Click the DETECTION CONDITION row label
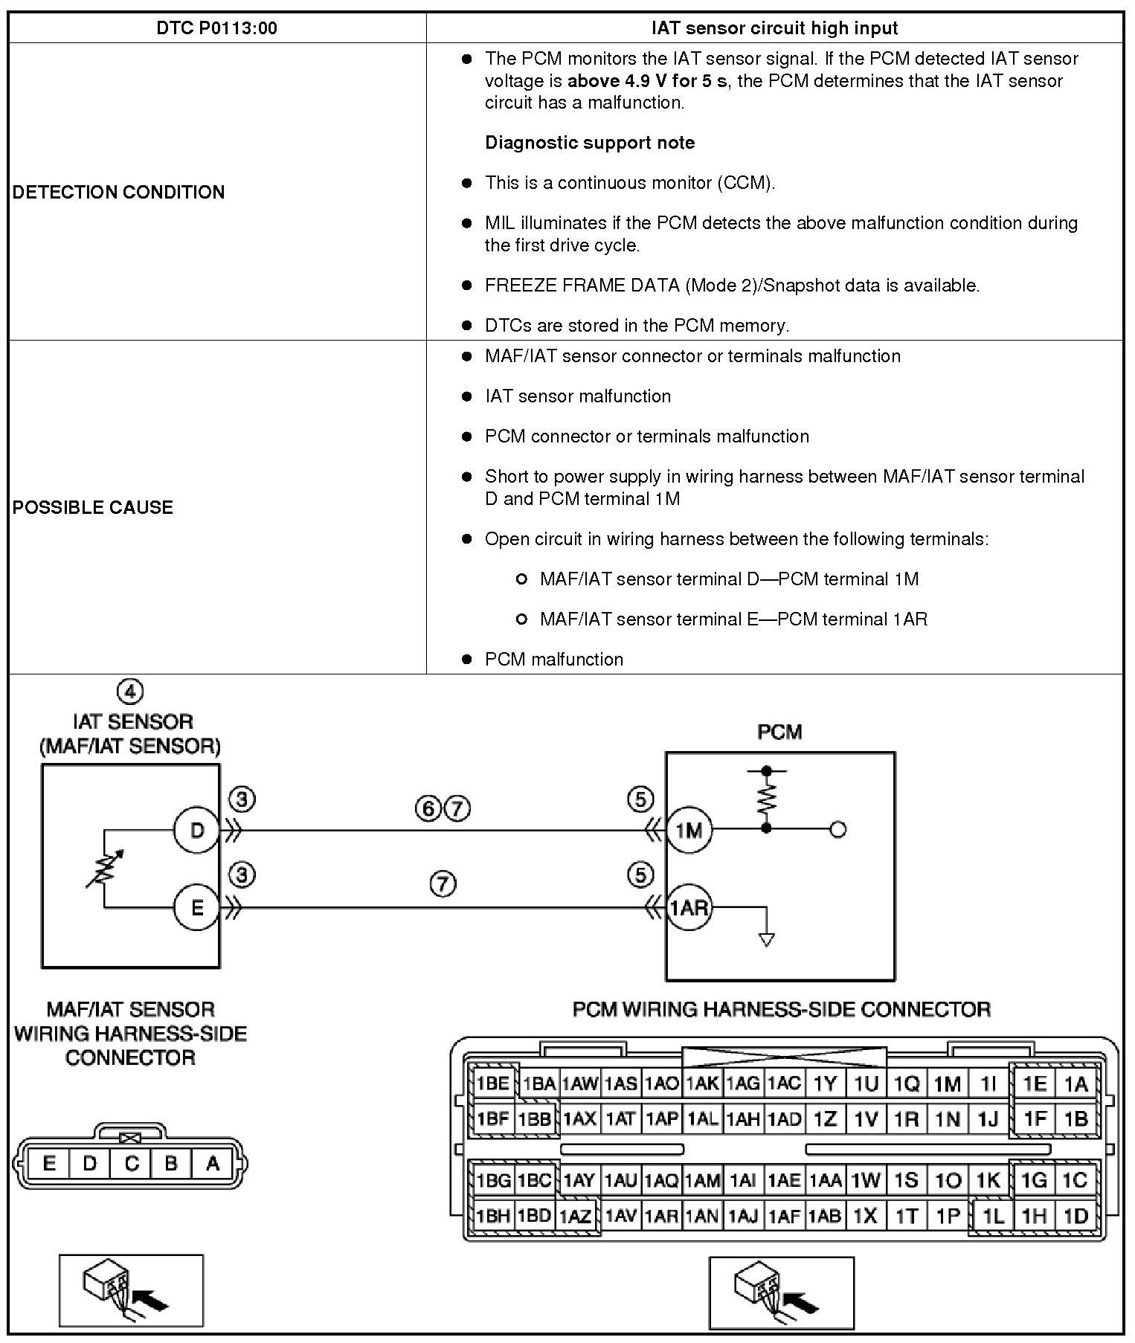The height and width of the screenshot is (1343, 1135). pos(118,192)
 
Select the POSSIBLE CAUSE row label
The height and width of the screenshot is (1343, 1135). pos(93,507)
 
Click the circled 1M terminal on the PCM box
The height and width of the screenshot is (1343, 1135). pos(689,830)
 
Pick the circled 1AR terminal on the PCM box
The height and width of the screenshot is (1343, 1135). pos(689,907)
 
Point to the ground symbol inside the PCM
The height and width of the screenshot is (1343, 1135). pos(766,939)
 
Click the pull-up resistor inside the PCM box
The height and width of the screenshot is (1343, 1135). pos(766,799)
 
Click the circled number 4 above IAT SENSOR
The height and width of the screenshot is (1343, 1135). pos(130,692)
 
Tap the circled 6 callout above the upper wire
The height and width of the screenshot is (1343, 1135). pos(428,808)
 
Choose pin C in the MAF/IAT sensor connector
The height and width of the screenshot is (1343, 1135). pos(131,1163)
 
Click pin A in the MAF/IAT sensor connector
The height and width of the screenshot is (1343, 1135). pos(213,1163)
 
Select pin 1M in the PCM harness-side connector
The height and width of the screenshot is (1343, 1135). pos(947,1084)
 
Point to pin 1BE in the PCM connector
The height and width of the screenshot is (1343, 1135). pos(492,1084)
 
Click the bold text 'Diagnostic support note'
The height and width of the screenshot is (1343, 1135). pos(589,143)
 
